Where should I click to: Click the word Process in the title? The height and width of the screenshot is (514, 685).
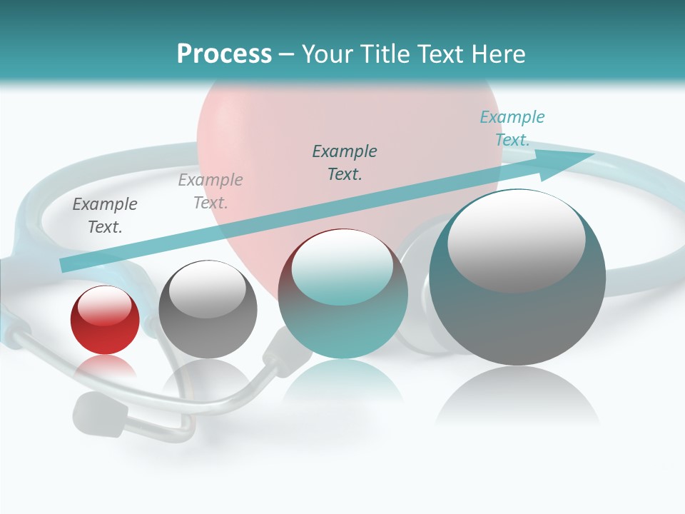224,54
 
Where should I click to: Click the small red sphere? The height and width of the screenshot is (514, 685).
105,320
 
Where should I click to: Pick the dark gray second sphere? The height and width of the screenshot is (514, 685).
208,310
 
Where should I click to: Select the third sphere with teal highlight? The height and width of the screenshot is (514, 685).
342,294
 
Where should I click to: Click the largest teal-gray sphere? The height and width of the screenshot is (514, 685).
517,278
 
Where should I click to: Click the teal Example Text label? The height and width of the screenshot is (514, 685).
512,128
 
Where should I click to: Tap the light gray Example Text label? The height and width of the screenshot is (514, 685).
210,191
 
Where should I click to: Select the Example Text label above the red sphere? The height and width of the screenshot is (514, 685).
105,216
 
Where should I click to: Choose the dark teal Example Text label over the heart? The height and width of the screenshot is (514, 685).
345,162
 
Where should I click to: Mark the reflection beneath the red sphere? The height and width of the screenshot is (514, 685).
105,367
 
